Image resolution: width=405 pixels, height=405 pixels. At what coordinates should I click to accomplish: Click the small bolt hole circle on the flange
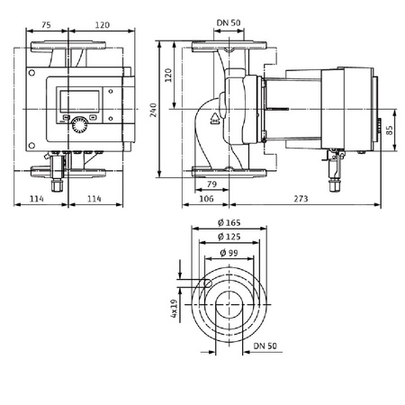coord(206,285)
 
